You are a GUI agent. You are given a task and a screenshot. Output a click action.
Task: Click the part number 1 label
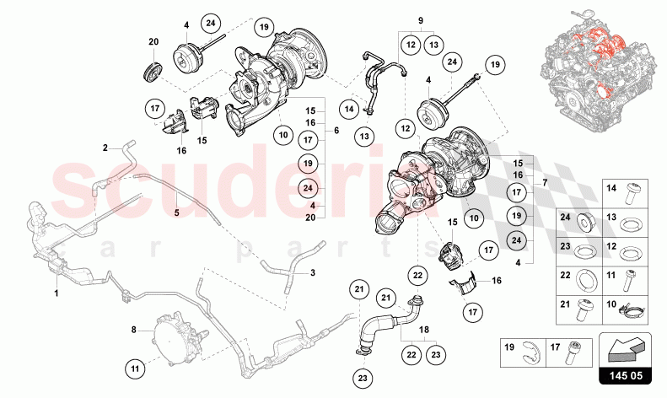click(56, 293)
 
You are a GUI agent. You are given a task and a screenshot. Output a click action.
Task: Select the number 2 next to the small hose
click(106, 148)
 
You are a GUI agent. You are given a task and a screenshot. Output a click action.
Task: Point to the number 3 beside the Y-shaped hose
click(312, 272)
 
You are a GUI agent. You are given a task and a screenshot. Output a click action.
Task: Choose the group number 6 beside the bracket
click(336, 132)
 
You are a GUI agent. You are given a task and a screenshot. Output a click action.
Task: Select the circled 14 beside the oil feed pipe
click(349, 109)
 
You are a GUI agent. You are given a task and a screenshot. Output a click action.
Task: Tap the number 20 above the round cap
click(153, 42)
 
